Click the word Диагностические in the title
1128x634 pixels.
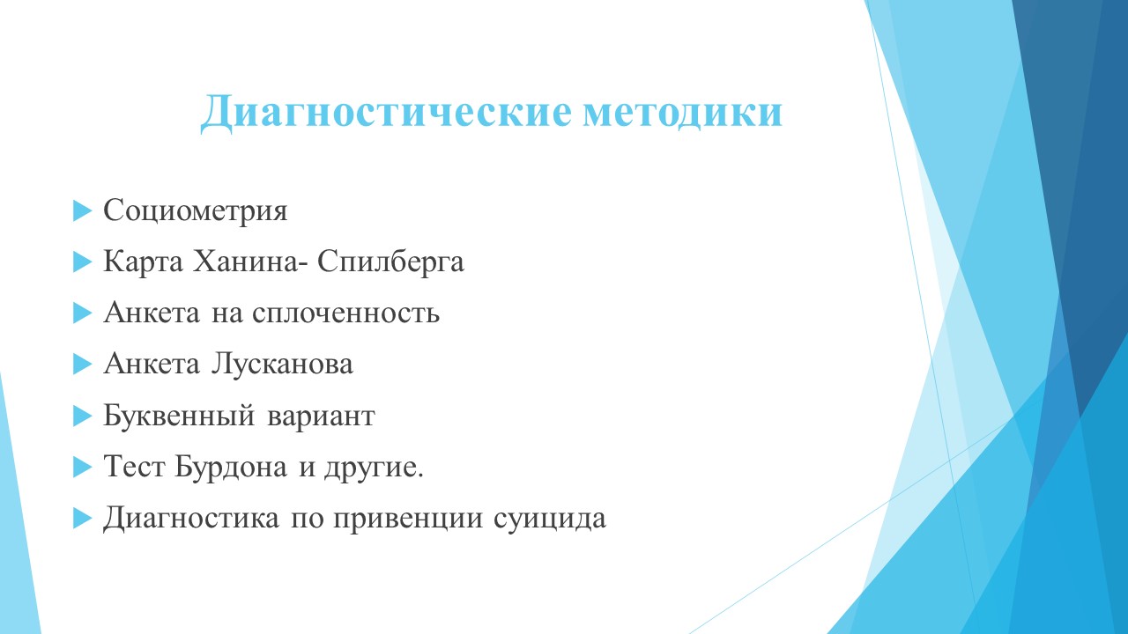[x=386, y=112]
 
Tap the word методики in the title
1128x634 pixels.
[x=682, y=112]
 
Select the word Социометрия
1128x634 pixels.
[x=196, y=210]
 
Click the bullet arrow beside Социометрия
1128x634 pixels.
[x=83, y=210]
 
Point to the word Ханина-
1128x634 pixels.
[x=247, y=262]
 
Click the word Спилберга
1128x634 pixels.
[x=390, y=262]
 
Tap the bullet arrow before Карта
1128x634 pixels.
[x=83, y=262]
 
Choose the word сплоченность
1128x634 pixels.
[x=346, y=313]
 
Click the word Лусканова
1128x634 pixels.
[x=281, y=365]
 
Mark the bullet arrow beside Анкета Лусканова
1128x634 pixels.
[x=83, y=365]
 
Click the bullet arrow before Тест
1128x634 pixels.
[x=83, y=467]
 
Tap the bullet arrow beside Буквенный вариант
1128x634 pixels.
[x=83, y=417]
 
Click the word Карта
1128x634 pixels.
[x=143, y=262]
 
